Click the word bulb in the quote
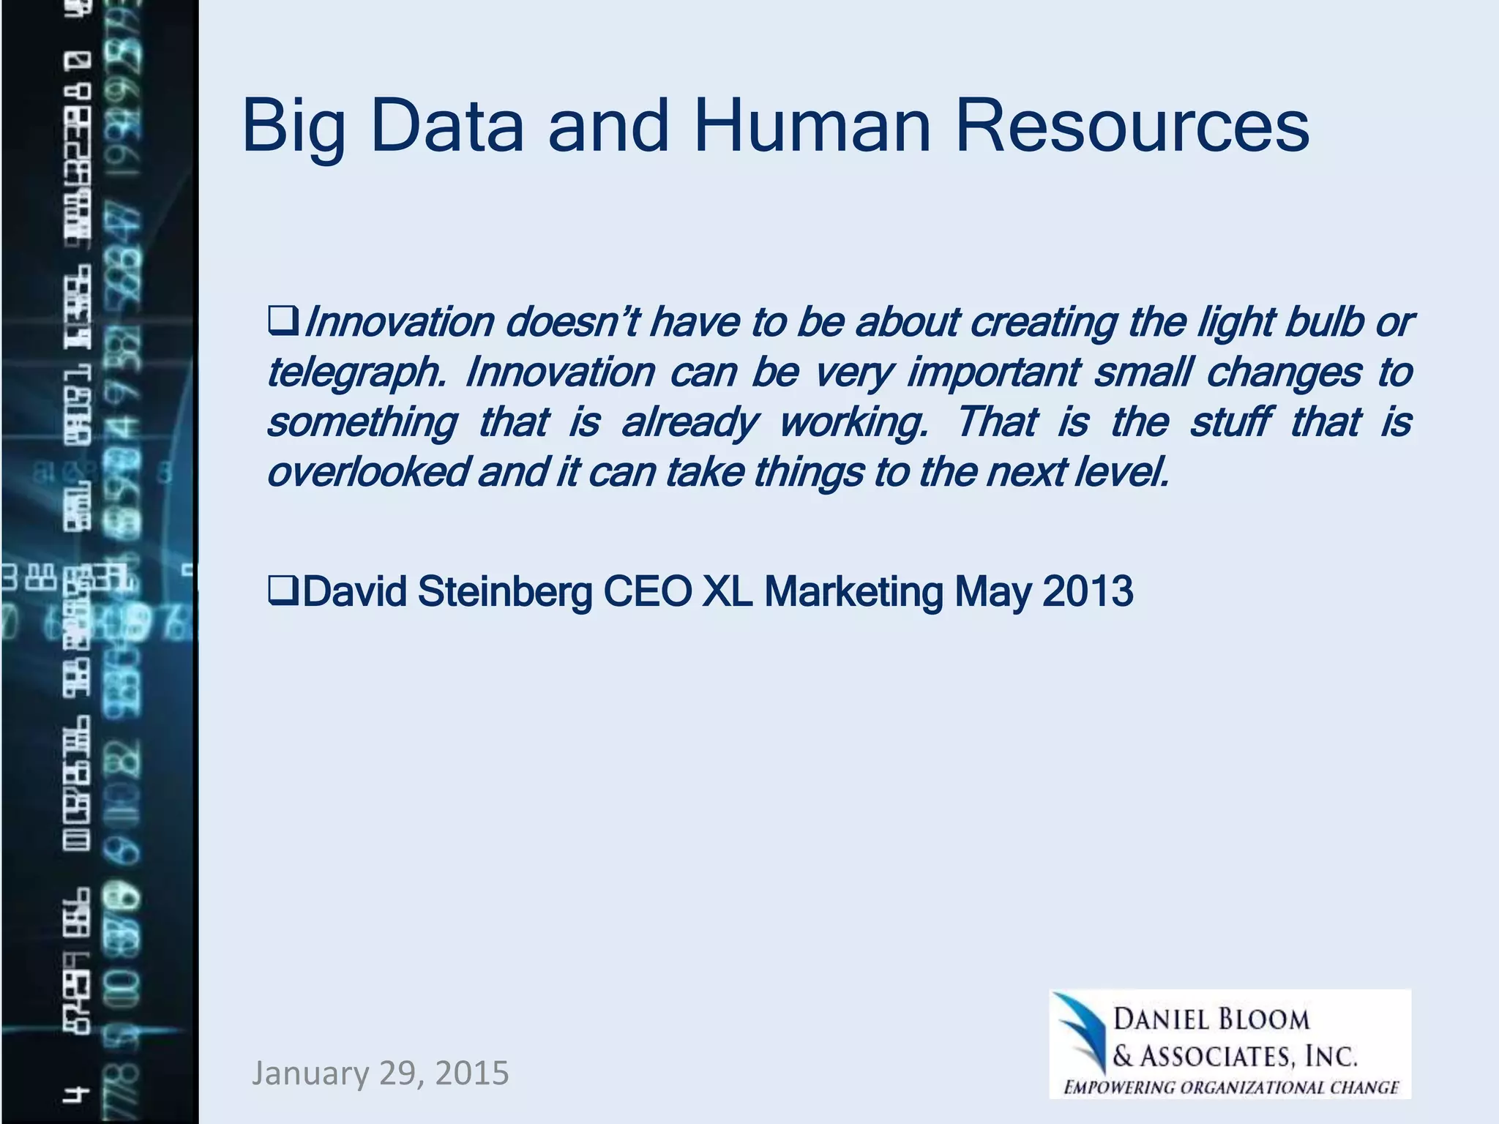coord(1323,322)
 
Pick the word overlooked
coord(367,472)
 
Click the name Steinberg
coord(505,591)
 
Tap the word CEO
coord(647,591)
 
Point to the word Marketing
coord(853,591)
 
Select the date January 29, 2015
coord(380,1073)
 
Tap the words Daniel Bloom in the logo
coord(1211,1019)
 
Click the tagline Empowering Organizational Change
coord(1231,1087)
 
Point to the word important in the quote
coord(993,372)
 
